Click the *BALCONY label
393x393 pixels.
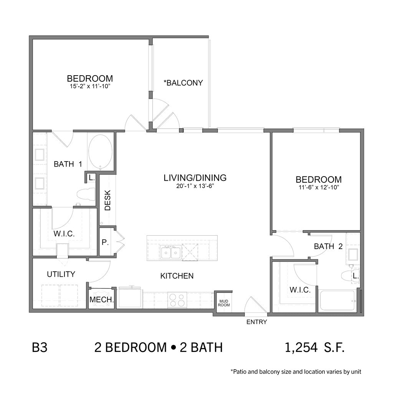tap(183, 83)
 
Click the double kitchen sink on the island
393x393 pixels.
tap(171, 252)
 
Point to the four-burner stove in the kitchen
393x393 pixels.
tap(177, 300)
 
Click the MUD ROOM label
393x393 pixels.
tap(224, 303)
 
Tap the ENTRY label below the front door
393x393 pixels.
tap(257, 322)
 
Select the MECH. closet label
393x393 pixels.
tap(101, 299)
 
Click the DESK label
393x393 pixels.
tap(107, 200)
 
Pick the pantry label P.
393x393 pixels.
tap(105, 243)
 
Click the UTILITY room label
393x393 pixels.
tap(61, 274)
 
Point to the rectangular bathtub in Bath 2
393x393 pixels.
tap(337, 301)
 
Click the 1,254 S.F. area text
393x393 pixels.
tap(315, 348)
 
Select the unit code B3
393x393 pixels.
tap(40, 348)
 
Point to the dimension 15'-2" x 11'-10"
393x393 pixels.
tap(90, 86)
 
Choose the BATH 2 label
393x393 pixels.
tap(328, 246)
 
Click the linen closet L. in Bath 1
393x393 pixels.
tap(91, 178)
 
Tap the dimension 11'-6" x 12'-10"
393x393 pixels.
tap(319, 187)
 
